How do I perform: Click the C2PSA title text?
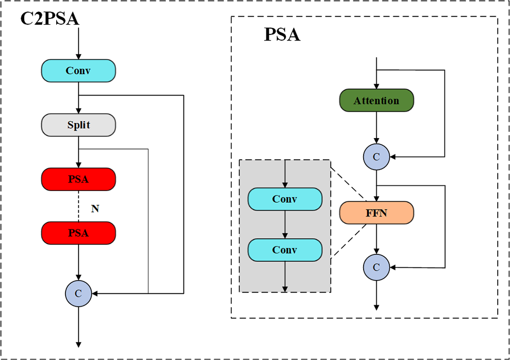click(x=49, y=19)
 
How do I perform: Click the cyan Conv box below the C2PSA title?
click(x=78, y=71)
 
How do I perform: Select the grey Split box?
click(x=78, y=125)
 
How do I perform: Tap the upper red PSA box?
click(x=78, y=179)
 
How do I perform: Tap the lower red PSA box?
click(x=78, y=233)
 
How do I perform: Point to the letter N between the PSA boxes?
click(x=95, y=209)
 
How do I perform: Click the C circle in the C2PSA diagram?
click(x=78, y=293)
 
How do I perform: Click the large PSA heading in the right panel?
click(x=282, y=35)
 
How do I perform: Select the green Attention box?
click(x=376, y=101)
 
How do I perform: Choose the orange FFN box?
click(x=376, y=213)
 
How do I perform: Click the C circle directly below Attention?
click(x=376, y=157)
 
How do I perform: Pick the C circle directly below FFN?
click(x=376, y=267)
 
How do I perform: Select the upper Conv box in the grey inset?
click(x=285, y=199)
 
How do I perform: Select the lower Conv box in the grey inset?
click(x=285, y=250)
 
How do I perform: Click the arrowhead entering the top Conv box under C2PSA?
click(x=78, y=57)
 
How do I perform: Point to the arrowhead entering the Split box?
click(x=78, y=111)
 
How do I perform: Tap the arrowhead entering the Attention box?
click(x=376, y=86)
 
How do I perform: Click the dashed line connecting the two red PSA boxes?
click(x=78, y=206)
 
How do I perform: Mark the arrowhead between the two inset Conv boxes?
click(x=285, y=236)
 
